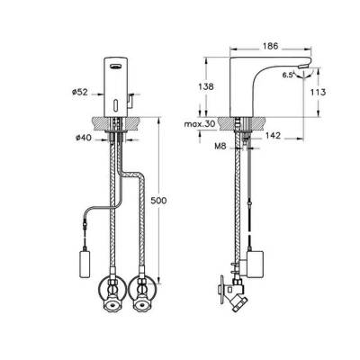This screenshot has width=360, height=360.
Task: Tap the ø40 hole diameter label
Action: pos(77,137)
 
